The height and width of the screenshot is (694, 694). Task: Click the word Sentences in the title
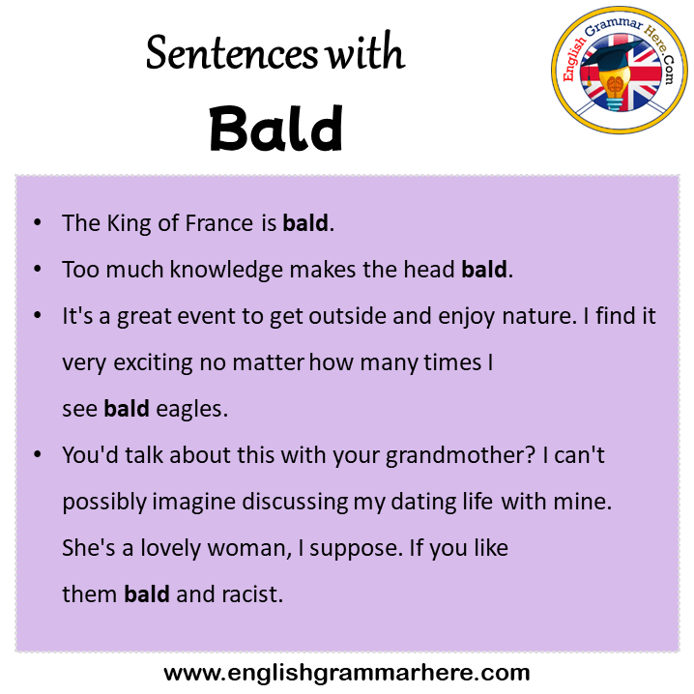[232, 52]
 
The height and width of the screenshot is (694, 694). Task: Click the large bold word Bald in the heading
[276, 129]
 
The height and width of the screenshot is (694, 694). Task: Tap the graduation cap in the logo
[613, 57]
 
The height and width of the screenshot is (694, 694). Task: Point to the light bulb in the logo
[615, 88]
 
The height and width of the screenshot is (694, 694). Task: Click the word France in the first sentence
[219, 222]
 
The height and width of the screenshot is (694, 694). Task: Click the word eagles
[192, 409]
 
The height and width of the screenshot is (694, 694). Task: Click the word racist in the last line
[252, 594]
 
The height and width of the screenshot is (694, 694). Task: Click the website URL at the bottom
[347, 673]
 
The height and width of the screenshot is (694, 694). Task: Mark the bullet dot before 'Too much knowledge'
[38, 269]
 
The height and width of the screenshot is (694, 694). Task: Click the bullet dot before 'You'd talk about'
[38, 454]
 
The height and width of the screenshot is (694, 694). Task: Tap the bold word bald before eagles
[127, 408]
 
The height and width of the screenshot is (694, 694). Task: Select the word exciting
[153, 362]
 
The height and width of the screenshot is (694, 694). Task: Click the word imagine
[194, 502]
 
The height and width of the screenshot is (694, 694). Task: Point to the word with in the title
[365, 52]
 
